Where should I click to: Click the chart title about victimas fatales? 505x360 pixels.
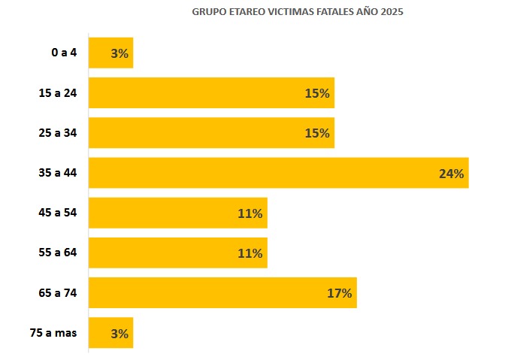point(298,13)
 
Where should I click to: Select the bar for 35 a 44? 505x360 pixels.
point(278,173)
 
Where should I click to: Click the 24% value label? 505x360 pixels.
point(451,174)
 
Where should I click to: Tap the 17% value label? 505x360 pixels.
point(339,293)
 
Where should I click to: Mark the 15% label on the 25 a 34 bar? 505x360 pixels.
point(317,133)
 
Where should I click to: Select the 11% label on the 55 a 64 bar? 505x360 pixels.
point(249,253)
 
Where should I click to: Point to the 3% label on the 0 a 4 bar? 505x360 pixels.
point(119,53)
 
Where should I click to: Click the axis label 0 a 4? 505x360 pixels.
point(64,53)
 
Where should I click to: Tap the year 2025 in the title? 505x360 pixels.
point(391,13)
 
